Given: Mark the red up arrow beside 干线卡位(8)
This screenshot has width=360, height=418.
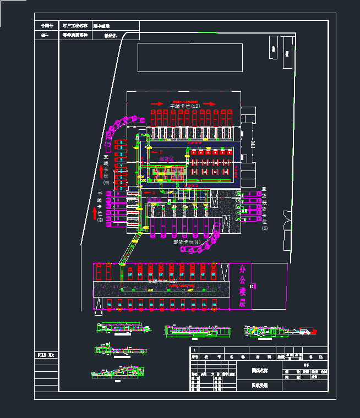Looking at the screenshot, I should coord(95,212).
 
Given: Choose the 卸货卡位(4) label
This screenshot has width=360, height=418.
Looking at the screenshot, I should coord(187,241).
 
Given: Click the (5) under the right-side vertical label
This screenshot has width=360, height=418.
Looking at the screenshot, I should coord(264,228).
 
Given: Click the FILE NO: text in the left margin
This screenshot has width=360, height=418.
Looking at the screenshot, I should coord(46,355).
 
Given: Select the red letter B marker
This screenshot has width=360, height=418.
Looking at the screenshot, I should coord(161,152).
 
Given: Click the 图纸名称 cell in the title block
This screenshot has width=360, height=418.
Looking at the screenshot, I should coord(260,371).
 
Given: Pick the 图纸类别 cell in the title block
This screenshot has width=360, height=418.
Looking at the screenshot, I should coord(260,386).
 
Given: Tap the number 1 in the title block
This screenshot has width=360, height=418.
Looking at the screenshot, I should coord(194,350).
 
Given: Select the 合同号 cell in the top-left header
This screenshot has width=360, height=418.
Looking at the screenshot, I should coord(47,26).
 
